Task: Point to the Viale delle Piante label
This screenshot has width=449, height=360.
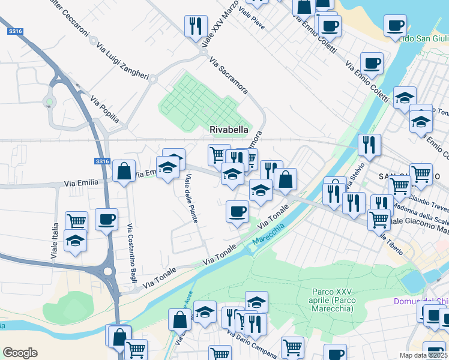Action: (x=192, y=198)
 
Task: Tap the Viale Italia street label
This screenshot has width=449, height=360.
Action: (x=55, y=240)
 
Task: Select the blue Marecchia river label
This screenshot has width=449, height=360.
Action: (x=268, y=238)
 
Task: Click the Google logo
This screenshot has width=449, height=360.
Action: (x=20, y=353)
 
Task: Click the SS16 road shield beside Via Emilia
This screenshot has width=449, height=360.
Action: (x=102, y=161)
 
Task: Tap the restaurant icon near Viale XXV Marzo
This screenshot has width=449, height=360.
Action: (x=195, y=26)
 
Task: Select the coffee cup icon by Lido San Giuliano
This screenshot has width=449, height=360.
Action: (x=395, y=25)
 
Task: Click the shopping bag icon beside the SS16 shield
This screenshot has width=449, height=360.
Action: (x=124, y=171)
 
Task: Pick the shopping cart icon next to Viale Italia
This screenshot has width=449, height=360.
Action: (x=76, y=221)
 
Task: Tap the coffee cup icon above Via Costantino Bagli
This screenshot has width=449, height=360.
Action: (x=106, y=219)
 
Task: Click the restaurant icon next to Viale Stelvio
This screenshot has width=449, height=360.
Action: (x=368, y=144)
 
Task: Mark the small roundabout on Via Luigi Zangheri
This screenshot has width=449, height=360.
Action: (x=153, y=79)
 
